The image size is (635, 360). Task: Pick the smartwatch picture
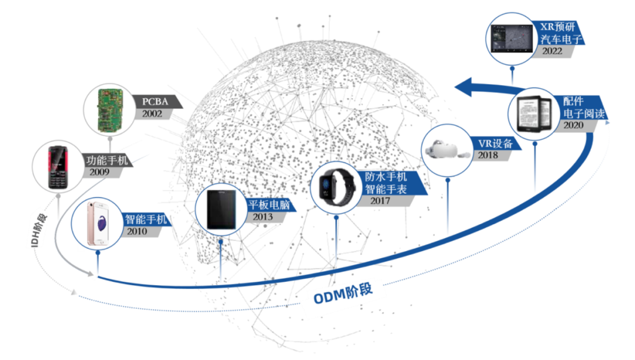coord(335,187)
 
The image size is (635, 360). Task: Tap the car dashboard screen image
coord(510,39)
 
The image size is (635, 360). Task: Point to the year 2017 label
coord(381,201)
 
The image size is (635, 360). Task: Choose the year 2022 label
coord(552,51)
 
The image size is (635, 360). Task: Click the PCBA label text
coord(155,101)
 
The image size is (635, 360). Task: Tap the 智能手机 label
coord(146,220)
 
